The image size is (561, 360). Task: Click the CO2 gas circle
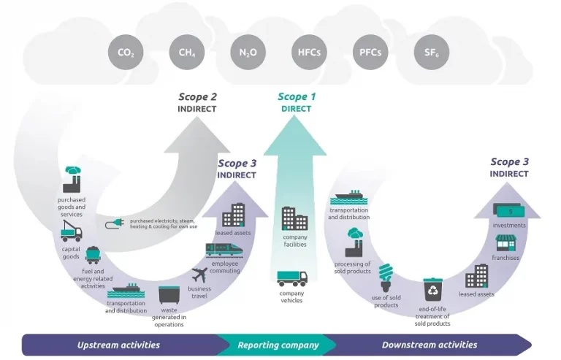[126, 53]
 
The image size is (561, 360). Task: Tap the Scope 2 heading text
[197, 96]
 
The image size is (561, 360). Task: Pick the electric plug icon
[115, 223]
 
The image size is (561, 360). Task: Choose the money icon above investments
[509, 210]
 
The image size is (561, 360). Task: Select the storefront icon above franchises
[505, 242]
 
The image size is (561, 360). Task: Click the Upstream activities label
[118, 345]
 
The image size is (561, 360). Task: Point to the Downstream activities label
[430, 345]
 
